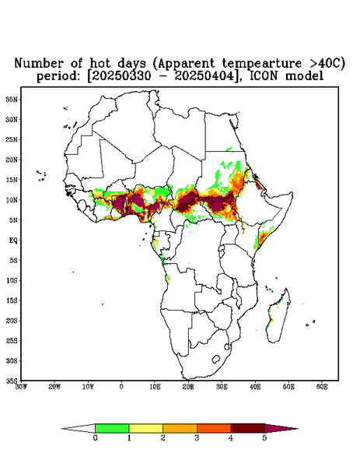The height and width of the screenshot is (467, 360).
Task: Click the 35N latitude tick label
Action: (x=12, y=99)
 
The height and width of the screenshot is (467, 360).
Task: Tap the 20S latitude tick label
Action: (x=12, y=321)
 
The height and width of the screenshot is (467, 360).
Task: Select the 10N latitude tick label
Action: (x=12, y=200)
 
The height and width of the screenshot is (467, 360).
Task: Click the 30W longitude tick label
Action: (x=21, y=387)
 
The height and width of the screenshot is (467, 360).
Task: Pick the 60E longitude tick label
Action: (x=322, y=387)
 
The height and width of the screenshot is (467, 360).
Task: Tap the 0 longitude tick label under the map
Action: (x=121, y=387)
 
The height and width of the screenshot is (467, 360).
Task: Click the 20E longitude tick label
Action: (x=188, y=387)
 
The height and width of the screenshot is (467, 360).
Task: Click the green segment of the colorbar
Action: (x=112, y=428)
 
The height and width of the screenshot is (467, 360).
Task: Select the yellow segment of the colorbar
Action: (x=145, y=428)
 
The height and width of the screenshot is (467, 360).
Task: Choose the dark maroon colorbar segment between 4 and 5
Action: (x=248, y=428)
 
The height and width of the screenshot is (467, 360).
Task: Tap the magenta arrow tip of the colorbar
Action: (x=281, y=428)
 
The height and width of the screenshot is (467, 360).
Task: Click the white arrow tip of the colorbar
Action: (x=79, y=428)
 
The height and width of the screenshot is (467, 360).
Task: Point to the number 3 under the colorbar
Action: (x=197, y=438)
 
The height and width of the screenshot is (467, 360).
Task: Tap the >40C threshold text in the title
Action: (x=323, y=63)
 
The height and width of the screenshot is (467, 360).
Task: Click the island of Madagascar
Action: (x=279, y=316)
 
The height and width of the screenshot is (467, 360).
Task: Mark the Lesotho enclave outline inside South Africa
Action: (x=216, y=359)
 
